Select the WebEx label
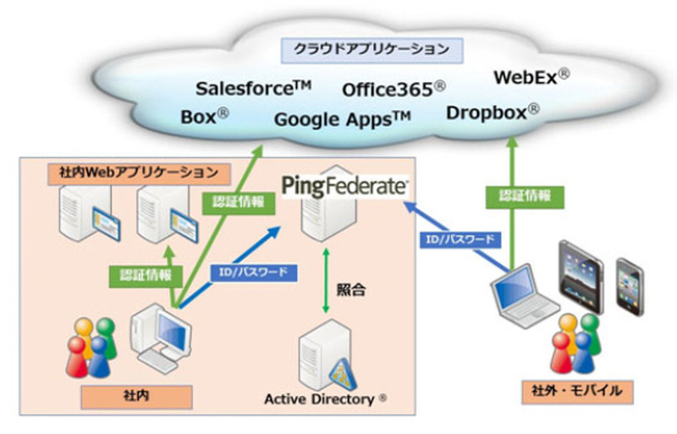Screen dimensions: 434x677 [531, 77]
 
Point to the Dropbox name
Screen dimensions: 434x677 [493, 112]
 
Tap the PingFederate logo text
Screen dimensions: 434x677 [346, 186]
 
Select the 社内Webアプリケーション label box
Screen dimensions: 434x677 [137, 173]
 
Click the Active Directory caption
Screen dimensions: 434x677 [327, 398]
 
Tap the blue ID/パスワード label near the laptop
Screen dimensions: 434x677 [458, 239]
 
